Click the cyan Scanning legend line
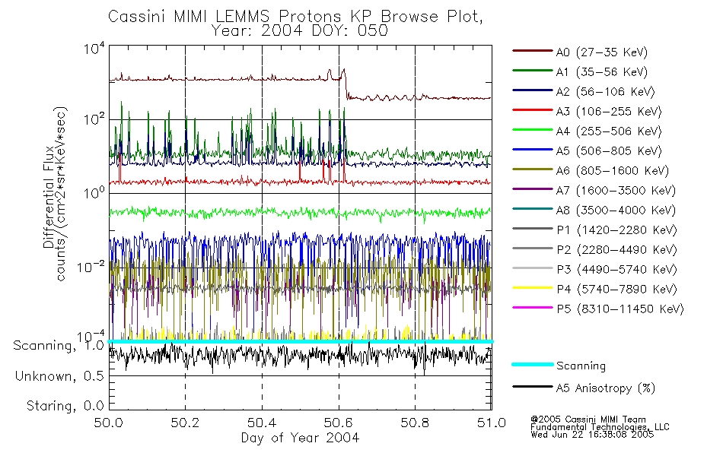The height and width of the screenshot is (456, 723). point(532,366)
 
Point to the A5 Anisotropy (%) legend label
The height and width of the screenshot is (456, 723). point(605,388)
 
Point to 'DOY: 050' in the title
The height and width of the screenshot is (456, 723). point(358,30)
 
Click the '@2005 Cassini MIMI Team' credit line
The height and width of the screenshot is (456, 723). point(588,420)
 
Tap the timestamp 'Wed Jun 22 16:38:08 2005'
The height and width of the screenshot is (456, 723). point(591,435)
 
